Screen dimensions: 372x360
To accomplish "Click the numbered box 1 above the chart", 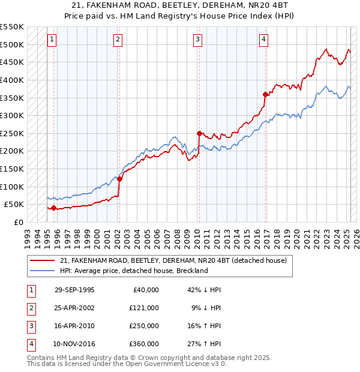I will pos(52,40).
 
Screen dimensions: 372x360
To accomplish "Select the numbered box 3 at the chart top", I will pos(197,40).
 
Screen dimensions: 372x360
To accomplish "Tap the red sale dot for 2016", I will pos(265,94).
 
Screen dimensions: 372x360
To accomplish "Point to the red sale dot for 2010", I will pos(199,133).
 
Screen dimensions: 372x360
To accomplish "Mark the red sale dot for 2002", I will pos(119,179).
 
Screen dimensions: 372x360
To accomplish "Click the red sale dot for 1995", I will pos(53,208).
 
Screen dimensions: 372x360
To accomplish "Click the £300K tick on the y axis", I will pos(12,115).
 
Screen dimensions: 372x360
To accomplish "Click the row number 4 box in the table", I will pos(31,344).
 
